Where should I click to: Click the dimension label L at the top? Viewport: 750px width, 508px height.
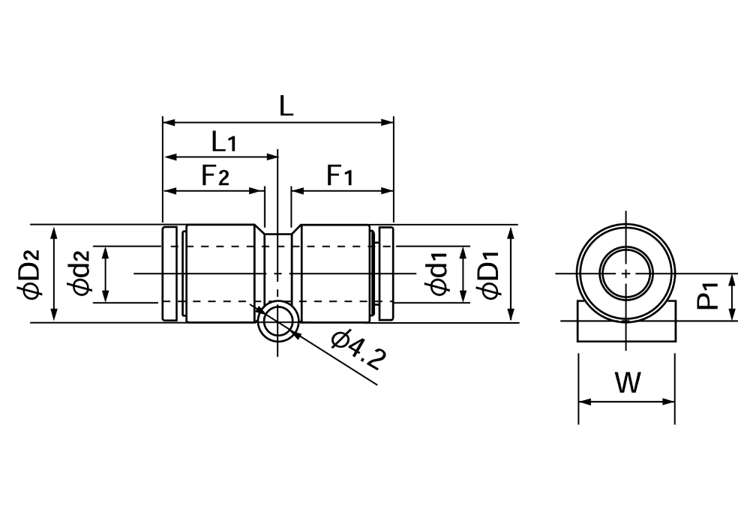click(286, 104)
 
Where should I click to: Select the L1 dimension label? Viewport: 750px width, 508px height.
click(223, 141)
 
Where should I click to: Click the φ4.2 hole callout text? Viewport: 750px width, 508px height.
click(358, 351)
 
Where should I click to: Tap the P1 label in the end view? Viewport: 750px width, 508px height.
click(709, 296)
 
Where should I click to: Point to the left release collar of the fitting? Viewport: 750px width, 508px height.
click(170, 274)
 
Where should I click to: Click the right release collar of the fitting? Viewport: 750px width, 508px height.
click(385, 274)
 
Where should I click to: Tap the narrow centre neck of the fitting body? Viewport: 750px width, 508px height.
click(278, 255)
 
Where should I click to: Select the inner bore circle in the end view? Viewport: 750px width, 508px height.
click(626, 273)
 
